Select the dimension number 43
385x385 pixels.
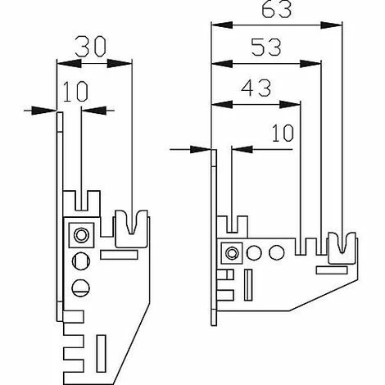(256, 86)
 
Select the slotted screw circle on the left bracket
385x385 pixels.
(80, 287)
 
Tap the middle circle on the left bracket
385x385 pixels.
(80, 261)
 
